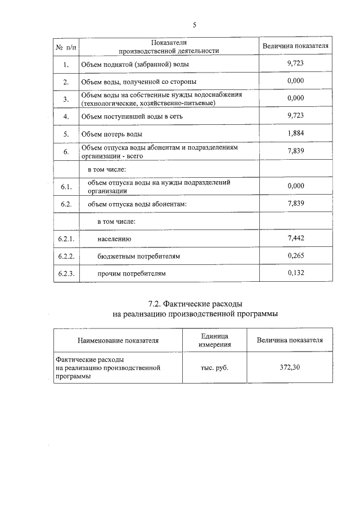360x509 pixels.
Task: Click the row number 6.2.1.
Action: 66,239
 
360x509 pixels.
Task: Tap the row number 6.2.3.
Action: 66,274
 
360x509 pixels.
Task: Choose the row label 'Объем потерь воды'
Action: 112,134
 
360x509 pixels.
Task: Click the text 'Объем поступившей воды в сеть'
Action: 132,116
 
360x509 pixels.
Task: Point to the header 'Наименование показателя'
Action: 118,340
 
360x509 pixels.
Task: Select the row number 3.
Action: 66,100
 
